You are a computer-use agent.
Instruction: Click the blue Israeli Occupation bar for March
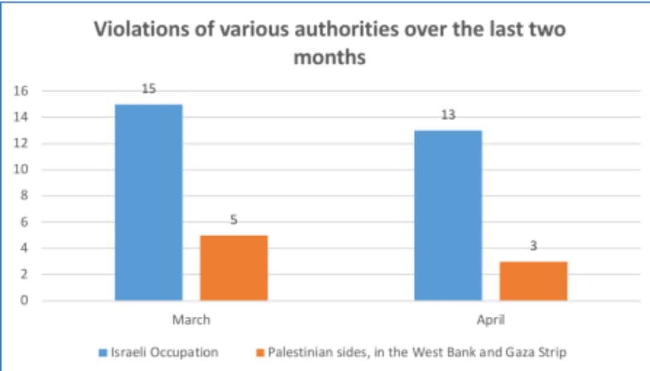point(149,202)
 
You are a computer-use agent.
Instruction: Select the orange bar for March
point(234,267)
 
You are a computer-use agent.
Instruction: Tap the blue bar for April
point(448,215)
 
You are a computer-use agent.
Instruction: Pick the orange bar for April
point(533,281)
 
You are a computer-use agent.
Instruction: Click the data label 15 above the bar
point(149,89)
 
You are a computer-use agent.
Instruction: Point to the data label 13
point(448,115)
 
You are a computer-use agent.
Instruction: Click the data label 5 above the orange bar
point(234,220)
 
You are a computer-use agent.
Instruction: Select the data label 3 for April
point(533,246)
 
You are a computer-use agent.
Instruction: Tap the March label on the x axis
point(191,320)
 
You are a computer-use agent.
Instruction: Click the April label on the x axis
point(491,320)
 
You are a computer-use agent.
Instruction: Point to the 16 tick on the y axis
point(22,92)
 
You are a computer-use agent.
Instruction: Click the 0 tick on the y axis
point(25,301)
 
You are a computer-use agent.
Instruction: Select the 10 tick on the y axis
point(22,170)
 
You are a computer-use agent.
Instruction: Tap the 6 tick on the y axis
point(25,222)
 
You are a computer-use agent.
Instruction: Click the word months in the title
point(329,57)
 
